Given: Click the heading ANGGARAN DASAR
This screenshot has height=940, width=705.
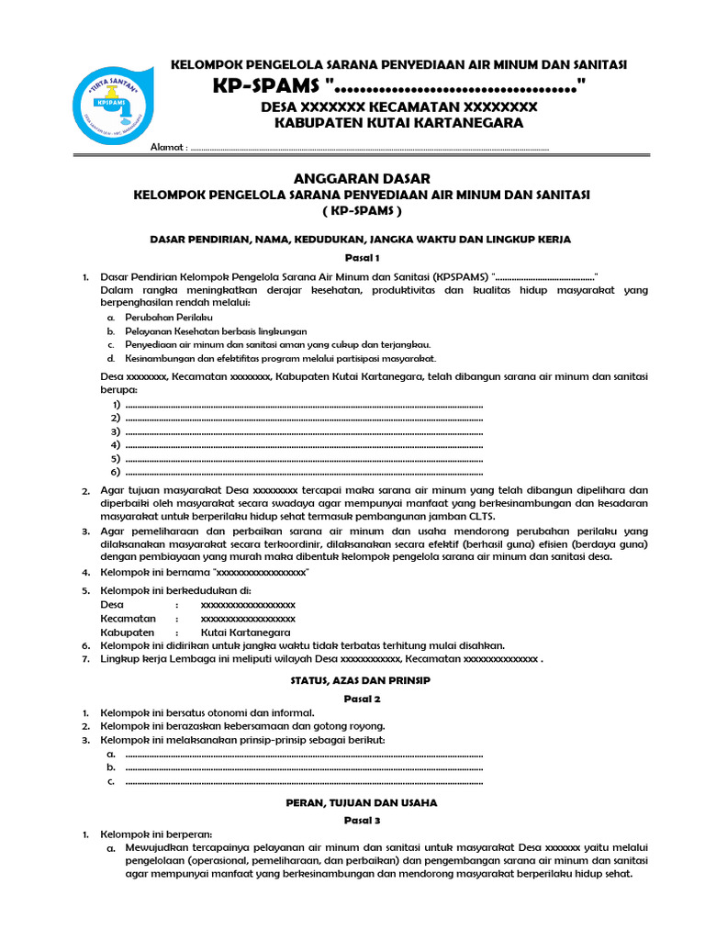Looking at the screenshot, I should pyautogui.click(x=361, y=178).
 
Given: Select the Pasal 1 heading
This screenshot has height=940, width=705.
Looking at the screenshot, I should pyautogui.click(x=361, y=258).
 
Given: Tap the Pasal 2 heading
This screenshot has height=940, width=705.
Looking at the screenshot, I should pyautogui.click(x=361, y=699).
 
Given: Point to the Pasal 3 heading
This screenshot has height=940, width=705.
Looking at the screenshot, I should pyautogui.click(x=361, y=820).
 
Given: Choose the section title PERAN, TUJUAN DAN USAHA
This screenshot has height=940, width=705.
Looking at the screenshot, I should pyautogui.click(x=361, y=801).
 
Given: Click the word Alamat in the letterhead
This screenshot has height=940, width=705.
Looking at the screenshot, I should pyautogui.click(x=167, y=147).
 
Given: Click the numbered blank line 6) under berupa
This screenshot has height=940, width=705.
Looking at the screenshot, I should pyautogui.click(x=303, y=472).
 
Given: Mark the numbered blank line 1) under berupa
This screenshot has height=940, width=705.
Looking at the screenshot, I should pyautogui.click(x=303, y=405).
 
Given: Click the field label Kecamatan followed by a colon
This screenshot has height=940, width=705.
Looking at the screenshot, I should pyautogui.click(x=127, y=620).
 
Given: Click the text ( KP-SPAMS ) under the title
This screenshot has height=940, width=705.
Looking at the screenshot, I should pyautogui.click(x=361, y=210).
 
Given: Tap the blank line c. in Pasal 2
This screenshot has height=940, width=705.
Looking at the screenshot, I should pyautogui.click(x=303, y=781).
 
